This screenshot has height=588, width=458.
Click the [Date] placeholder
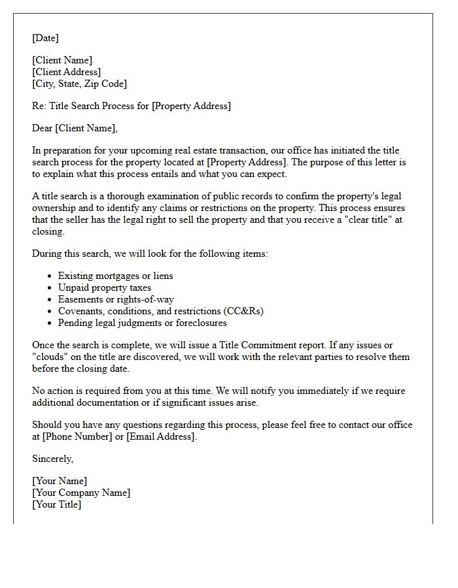(45, 38)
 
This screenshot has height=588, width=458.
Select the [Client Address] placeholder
(66, 72)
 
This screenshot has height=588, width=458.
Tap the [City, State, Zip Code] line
(79, 84)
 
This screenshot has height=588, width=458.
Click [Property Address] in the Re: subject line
(191, 106)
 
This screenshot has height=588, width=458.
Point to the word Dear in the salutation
(43, 128)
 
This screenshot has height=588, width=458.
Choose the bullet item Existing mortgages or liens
(115, 276)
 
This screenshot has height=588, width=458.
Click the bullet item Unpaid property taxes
(104, 287)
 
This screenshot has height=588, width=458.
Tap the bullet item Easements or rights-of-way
(116, 299)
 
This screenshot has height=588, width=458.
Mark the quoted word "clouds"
(50, 357)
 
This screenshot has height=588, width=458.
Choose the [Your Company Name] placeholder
(81, 493)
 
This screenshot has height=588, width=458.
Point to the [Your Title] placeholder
(57, 504)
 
